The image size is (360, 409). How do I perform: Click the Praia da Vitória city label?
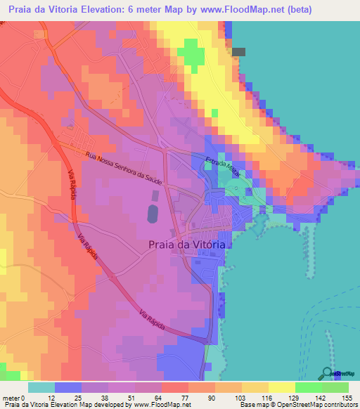pyautogui.click(x=186, y=245)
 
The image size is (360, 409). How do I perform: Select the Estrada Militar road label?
pyautogui.click(x=223, y=172)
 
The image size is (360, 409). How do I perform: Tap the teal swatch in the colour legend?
pyautogui.click(x=41, y=388)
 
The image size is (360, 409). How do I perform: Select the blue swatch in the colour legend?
pyautogui.click(x=68, y=388)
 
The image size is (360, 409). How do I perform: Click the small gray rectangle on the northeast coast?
pyautogui.click(x=239, y=51)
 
